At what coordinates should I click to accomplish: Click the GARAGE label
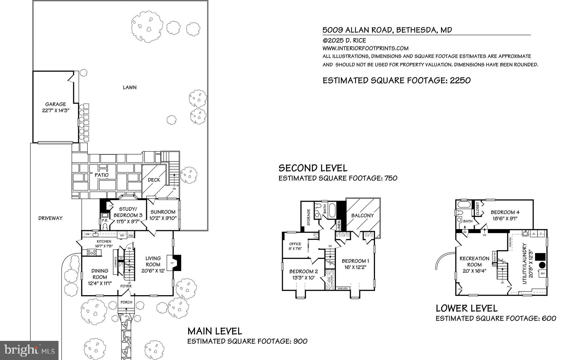tap(55, 104)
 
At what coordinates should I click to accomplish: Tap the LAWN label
tap(130, 87)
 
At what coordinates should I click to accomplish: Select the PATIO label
tap(102, 175)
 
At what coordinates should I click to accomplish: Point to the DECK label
tap(154, 180)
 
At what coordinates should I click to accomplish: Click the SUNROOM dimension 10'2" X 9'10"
tap(163, 218)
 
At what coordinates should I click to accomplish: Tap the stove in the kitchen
tap(92, 252)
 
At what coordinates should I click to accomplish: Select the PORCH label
tap(126, 302)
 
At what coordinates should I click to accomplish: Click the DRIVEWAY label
tap(50, 218)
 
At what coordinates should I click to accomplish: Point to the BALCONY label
tap(362, 216)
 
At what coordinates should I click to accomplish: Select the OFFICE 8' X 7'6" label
tap(295, 246)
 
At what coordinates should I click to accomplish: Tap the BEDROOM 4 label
tap(505, 212)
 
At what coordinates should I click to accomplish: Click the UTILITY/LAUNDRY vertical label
tap(524, 263)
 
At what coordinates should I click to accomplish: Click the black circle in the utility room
tap(542, 265)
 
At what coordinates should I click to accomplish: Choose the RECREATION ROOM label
tap(474, 262)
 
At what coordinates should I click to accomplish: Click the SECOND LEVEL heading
tap(313, 168)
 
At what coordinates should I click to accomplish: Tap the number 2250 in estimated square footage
tap(460, 80)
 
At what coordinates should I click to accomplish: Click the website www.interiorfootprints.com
tap(365, 48)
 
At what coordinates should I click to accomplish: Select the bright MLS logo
tap(29, 350)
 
